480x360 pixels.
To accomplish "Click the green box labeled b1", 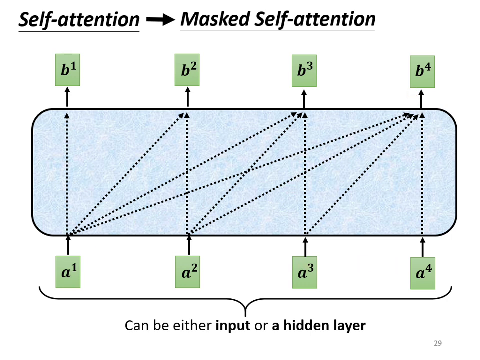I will pyautogui.click(x=67, y=70).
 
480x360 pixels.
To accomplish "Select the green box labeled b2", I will pyautogui.click(x=187, y=70).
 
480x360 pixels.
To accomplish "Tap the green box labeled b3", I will pyautogui.click(x=304, y=70).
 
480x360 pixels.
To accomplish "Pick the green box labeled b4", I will pyautogui.click(x=422, y=71).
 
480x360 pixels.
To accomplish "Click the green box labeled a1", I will pyautogui.click(x=68, y=272).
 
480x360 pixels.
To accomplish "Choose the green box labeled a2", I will pyautogui.click(x=187, y=272).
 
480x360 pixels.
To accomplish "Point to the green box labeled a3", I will pyautogui.click(x=305, y=273).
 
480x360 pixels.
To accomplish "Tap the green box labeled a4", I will pyautogui.click(x=423, y=273).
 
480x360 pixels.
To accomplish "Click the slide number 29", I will pyautogui.click(x=438, y=343).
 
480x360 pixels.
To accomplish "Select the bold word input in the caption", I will pyautogui.click(x=233, y=326).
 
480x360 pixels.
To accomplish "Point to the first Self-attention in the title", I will pyautogui.click(x=79, y=19).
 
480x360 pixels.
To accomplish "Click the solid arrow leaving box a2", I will pyautogui.click(x=188, y=245).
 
